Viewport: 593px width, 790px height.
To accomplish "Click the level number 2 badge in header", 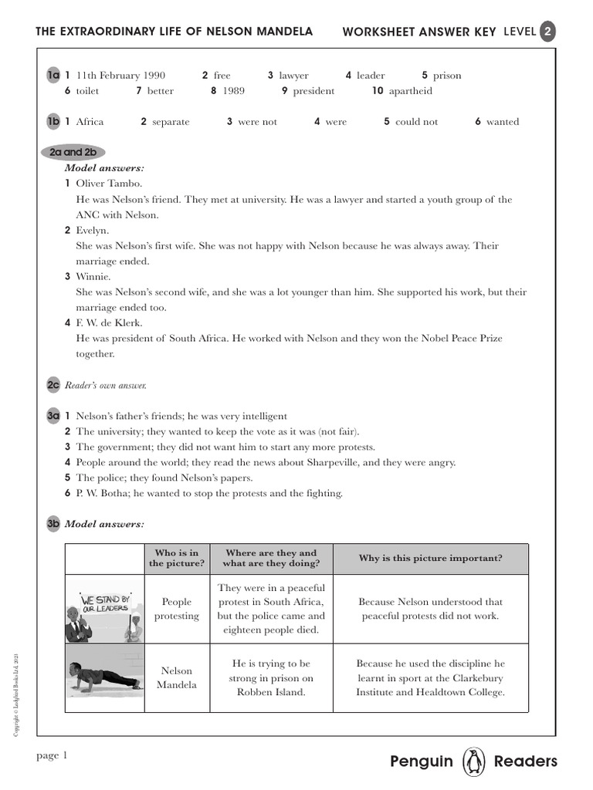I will tap(547, 32).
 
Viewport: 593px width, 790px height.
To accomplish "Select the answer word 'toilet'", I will tap(87, 91).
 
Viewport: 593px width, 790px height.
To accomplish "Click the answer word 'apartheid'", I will tap(410, 91).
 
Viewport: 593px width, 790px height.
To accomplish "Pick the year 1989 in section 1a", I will tap(234, 91).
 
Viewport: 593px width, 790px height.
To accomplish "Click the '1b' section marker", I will tap(53, 121).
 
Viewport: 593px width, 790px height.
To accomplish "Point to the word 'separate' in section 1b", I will tap(171, 122).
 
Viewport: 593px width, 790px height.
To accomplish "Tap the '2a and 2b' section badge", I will tap(73, 153).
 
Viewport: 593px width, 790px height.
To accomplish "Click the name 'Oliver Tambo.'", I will tap(109, 184).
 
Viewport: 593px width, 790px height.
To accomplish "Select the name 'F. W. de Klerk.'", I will tap(109, 322).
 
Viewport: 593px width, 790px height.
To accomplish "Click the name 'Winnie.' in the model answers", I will tap(93, 276).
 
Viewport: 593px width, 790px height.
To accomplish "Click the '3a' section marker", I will tap(53, 416).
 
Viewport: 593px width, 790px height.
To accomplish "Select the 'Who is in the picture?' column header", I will tap(177, 558).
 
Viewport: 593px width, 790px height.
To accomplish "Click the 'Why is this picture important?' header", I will tap(430, 558).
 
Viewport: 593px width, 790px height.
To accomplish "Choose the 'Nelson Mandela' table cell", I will tap(177, 677).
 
